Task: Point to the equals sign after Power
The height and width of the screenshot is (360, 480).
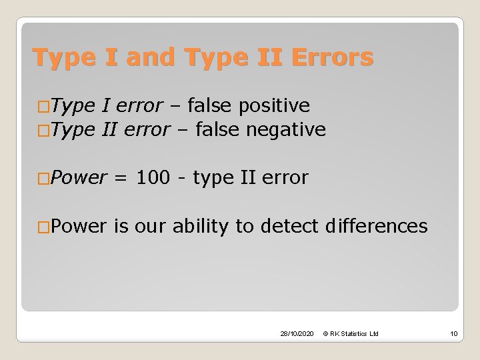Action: (x=121, y=178)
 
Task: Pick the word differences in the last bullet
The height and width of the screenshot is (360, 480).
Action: (x=377, y=227)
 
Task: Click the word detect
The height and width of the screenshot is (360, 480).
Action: (x=291, y=227)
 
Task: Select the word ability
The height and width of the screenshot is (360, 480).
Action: (x=197, y=227)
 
